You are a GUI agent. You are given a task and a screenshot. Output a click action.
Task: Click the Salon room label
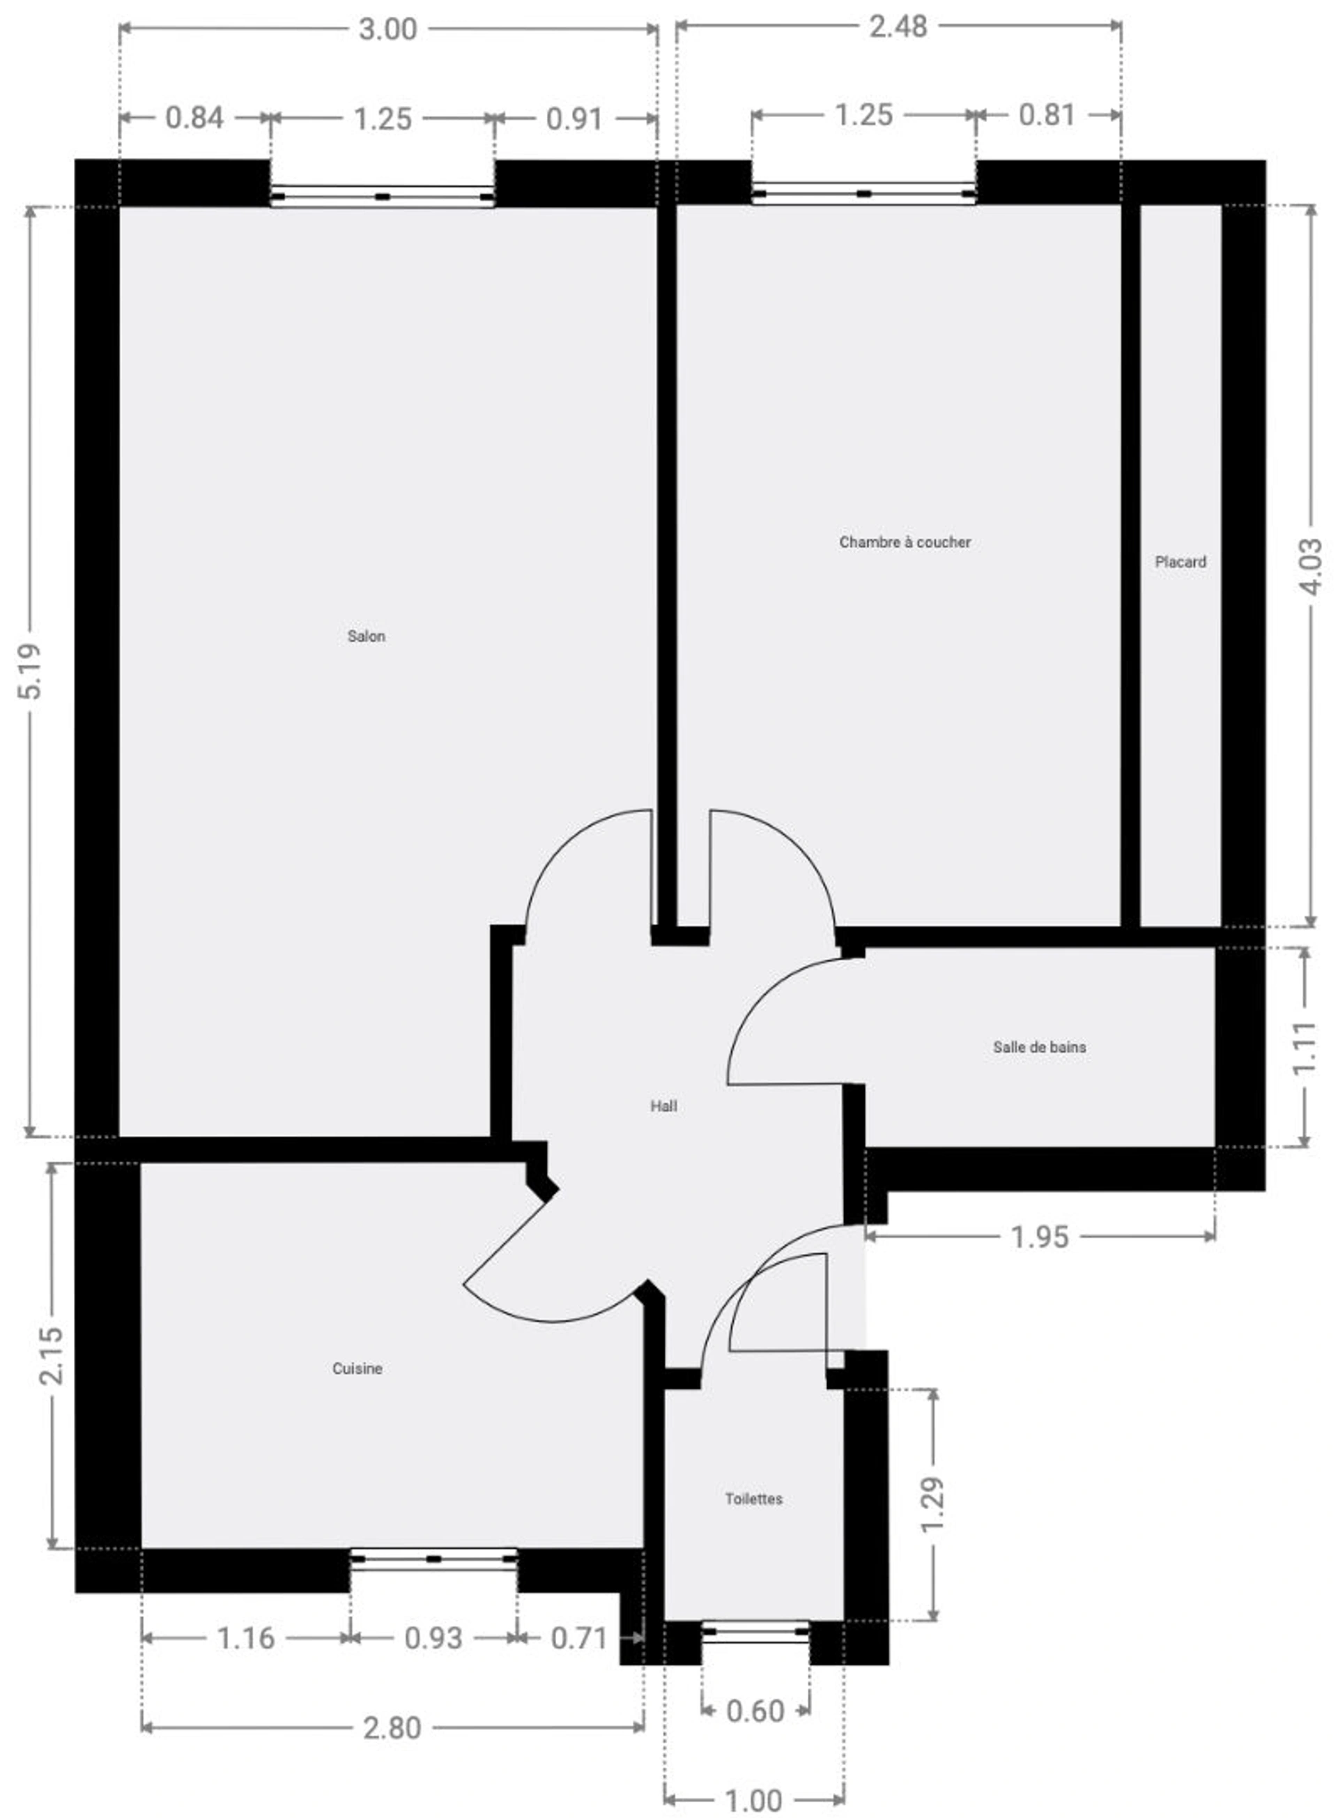pyautogui.click(x=366, y=636)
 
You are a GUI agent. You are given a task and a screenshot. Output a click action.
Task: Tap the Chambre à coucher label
pyautogui.click(x=905, y=542)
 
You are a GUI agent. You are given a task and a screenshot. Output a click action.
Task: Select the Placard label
pyautogui.click(x=1180, y=561)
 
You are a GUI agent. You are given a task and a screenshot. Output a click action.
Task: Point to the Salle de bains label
pyautogui.click(x=1039, y=1047)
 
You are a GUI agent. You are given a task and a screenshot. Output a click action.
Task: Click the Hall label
pyautogui.click(x=663, y=1106)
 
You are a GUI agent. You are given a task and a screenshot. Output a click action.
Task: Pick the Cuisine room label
pyautogui.click(x=357, y=1368)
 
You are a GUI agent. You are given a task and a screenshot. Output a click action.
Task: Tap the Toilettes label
pyautogui.click(x=754, y=1499)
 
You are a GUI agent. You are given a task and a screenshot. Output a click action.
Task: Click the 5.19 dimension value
pyautogui.click(x=30, y=671)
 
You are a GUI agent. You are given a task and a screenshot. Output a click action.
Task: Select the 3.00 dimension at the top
pyautogui.click(x=388, y=29)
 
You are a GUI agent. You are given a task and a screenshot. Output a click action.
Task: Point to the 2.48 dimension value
pyautogui.click(x=898, y=26)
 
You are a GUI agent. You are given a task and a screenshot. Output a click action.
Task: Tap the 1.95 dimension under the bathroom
pyautogui.click(x=1040, y=1237)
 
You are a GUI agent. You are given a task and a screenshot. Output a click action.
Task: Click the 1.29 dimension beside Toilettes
pyautogui.click(x=932, y=1504)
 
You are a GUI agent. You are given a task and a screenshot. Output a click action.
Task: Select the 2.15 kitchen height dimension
pyautogui.click(x=50, y=1355)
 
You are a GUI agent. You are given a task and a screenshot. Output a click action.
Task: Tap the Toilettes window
pyautogui.click(x=755, y=1631)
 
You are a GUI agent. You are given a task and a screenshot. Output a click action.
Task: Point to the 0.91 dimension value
pyautogui.click(x=574, y=119)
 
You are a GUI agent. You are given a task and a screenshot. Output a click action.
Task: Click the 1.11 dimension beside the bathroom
pyautogui.click(x=1305, y=1048)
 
